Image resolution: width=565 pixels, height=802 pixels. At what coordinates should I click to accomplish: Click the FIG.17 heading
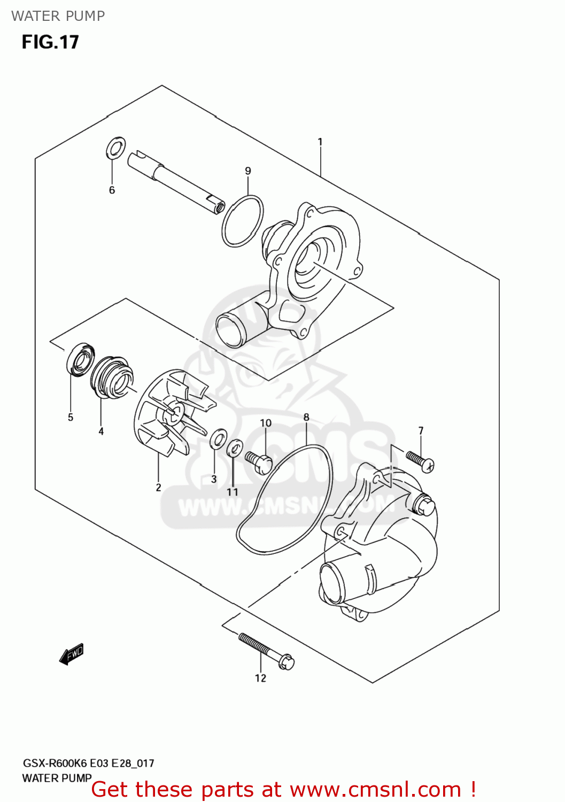coord(50,42)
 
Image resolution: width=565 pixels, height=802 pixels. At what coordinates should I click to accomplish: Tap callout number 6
coord(112,190)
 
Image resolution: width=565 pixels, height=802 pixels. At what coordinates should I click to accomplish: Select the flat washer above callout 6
coord(116,148)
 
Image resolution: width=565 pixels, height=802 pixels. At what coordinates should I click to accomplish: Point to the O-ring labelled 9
coord(242,221)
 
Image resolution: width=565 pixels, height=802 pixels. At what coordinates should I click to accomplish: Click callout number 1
coord(320,142)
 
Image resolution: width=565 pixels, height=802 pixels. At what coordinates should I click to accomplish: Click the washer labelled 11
coord(234,448)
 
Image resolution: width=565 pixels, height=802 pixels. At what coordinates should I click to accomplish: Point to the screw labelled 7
coord(420,461)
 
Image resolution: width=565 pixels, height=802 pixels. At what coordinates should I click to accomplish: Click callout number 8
coord(306,418)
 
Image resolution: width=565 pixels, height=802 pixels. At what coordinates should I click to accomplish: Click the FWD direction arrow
coord(72,653)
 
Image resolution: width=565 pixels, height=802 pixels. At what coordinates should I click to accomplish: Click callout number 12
coord(260,678)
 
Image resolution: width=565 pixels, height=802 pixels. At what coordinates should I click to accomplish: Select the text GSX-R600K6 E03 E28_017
coord(88,764)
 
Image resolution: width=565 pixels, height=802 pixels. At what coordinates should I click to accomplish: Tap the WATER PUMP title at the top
coord(58,16)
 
